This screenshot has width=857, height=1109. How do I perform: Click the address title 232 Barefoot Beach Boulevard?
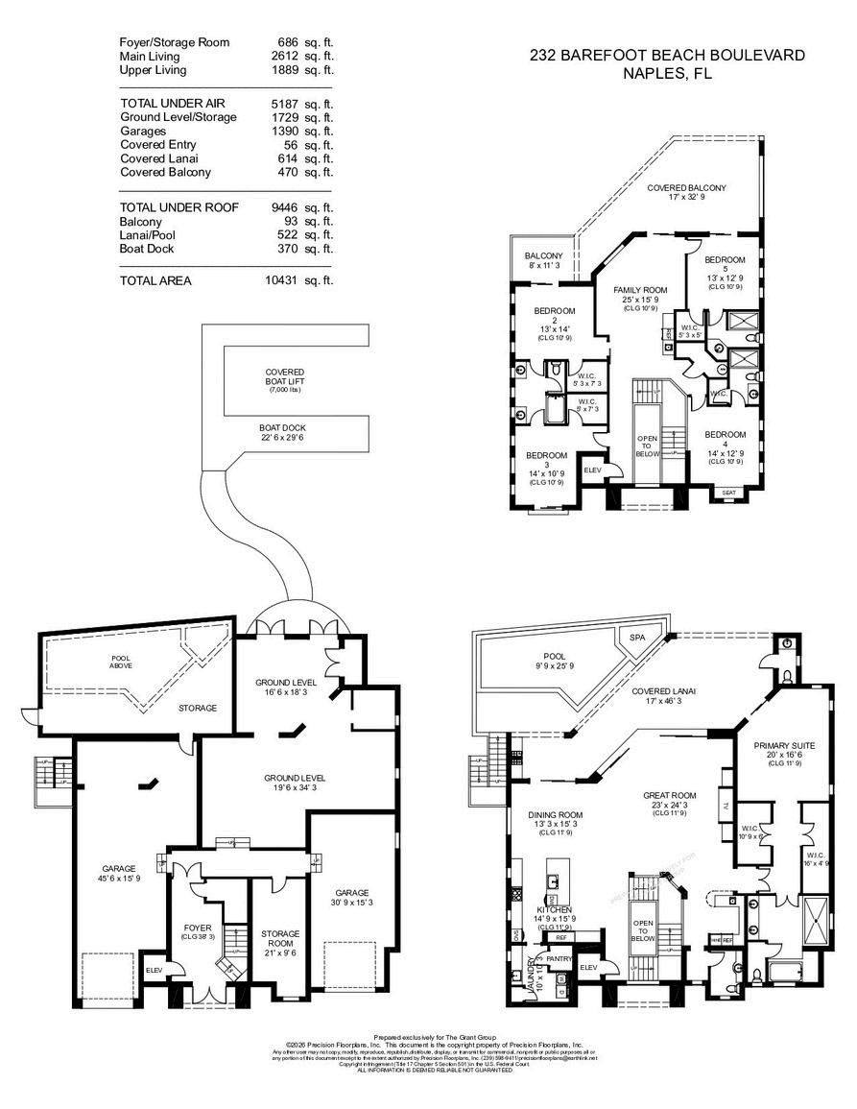pyautogui.click(x=667, y=56)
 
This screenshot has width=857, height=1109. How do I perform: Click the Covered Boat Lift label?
pyautogui.click(x=285, y=377)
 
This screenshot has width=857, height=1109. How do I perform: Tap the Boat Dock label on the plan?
pyautogui.click(x=282, y=427)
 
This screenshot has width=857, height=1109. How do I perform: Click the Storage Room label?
pyautogui.click(x=280, y=938)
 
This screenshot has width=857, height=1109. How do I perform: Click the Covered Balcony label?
pyautogui.click(x=686, y=188)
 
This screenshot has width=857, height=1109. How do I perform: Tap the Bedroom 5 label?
pyautogui.click(x=725, y=260)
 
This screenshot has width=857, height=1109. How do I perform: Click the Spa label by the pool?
pyautogui.click(x=636, y=638)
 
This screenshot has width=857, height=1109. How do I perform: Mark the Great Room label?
pyautogui.click(x=669, y=795)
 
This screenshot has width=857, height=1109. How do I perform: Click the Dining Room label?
pyautogui.click(x=556, y=814)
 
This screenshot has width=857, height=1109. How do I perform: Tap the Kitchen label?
pyautogui.click(x=554, y=909)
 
